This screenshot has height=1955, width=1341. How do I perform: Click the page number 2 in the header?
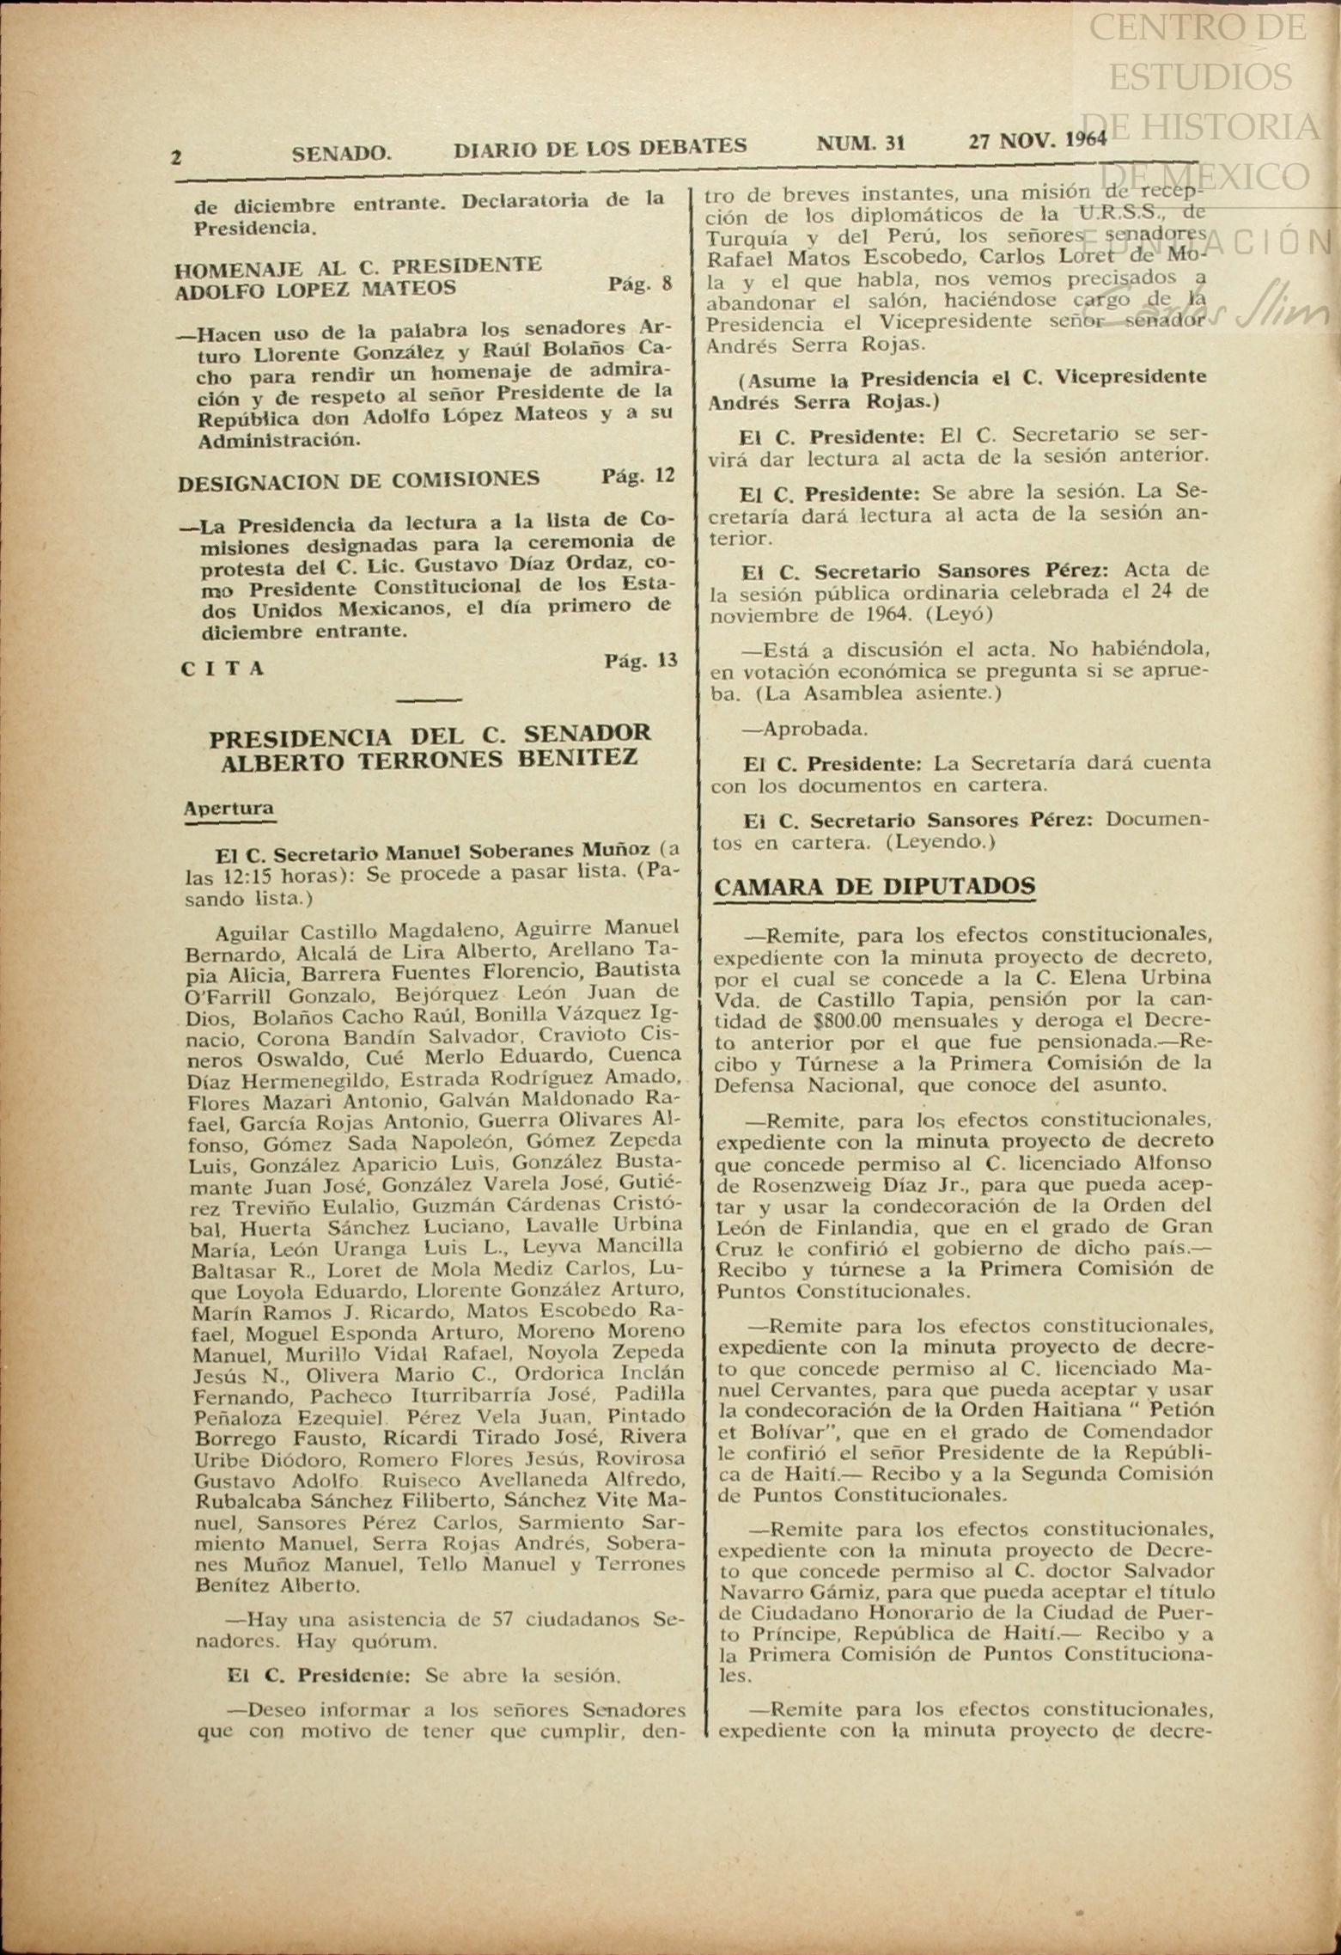(x=176, y=157)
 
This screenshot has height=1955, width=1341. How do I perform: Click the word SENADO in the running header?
(x=341, y=154)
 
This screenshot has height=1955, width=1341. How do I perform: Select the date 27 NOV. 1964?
(x=1037, y=140)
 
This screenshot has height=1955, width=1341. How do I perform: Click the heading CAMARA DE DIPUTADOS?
(x=875, y=887)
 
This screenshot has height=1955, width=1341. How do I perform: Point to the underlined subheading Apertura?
(x=229, y=809)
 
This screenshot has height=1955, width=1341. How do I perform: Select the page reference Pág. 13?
(x=640, y=661)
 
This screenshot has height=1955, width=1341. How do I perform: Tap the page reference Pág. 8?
(x=640, y=284)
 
